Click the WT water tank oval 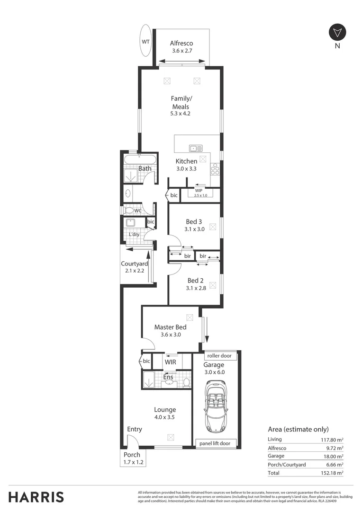(x=145, y=41)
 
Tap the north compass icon (x=337, y=33)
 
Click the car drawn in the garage (x=216, y=407)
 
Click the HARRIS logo (x=36, y=497)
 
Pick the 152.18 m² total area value (x=332, y=472)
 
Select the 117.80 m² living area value (x=332, y=439)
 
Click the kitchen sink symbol (x=196, y=148)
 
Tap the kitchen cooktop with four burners (x=215, y=169)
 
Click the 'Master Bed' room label (x=170, y=327)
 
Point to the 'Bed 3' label (x=194, y=221)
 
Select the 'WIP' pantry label (x=199, y=190)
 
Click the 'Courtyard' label (x=134, y=264)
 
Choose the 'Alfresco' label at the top (x=181, y=43)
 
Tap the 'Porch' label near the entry (x=132, y=455)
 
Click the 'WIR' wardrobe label (x=171, y=362)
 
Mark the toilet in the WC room (x=129, y=210)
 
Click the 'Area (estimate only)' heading (x=298, y=429)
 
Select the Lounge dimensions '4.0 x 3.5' (x=165, y=417)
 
